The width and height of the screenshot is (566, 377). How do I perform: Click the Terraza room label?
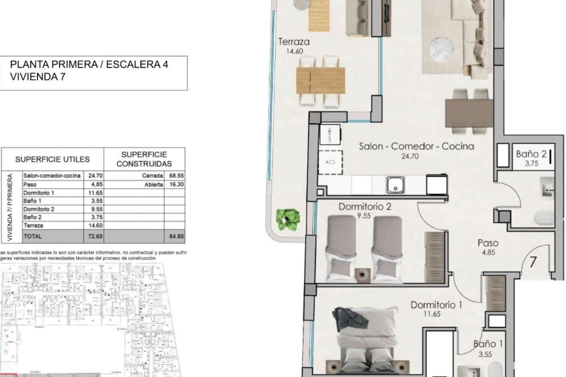point(294,42)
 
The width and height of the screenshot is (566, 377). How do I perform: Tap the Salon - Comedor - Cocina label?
point(416,146)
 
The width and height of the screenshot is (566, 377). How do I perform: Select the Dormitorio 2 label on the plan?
point(365,207)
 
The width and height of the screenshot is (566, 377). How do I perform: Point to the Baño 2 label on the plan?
point(531,154)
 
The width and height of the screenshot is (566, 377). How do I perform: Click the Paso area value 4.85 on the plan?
point(488,252)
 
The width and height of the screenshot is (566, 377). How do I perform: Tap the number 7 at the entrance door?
point(533,262)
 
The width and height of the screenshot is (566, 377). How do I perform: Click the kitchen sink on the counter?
point(396,185)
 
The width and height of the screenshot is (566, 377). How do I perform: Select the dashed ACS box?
point(330,162)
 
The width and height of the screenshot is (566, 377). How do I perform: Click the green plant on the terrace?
point(288,219)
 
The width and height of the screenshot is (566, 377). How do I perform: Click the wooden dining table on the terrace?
point(320,80)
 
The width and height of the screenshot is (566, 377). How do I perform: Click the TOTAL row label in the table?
point(33,236)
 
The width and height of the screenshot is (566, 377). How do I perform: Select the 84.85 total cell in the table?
point(176,236)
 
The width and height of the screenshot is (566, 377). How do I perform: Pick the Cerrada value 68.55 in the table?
point(176,176)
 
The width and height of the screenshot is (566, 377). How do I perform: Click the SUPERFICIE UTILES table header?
point(52,159)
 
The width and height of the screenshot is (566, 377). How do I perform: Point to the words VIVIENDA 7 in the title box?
point(37,77)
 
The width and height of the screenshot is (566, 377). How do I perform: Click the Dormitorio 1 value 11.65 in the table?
point(95,193)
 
